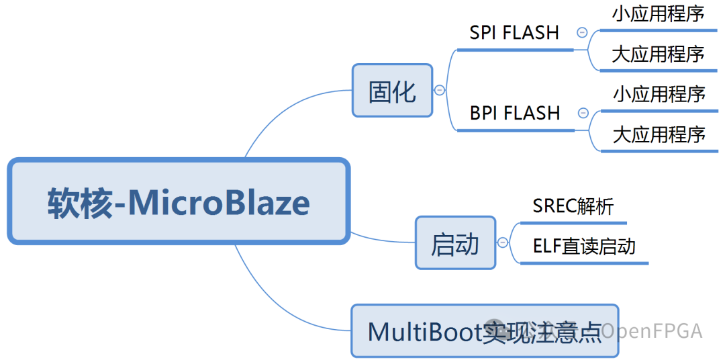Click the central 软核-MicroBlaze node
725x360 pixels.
pos(179,201)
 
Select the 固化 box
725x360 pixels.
pos(393,91)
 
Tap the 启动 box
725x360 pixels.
pos(455,243)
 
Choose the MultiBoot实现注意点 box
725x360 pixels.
pos(484,330)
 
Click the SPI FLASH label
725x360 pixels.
pos(514,33)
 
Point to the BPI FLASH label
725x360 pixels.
pos(515,113)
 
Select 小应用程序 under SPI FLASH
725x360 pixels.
pos(658,13)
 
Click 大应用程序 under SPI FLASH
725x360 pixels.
pos(658,54)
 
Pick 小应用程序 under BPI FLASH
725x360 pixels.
pos(659,94)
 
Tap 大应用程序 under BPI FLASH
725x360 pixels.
pos(659,134)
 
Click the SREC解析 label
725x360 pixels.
pos(573,206)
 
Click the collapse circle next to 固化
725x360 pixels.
pos(440,90)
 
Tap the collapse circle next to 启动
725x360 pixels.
pos(503,242)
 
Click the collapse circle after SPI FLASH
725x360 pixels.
pos(582,32)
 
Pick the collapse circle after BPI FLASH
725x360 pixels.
pos(583,113)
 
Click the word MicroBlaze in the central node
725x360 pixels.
pos(219,202)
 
